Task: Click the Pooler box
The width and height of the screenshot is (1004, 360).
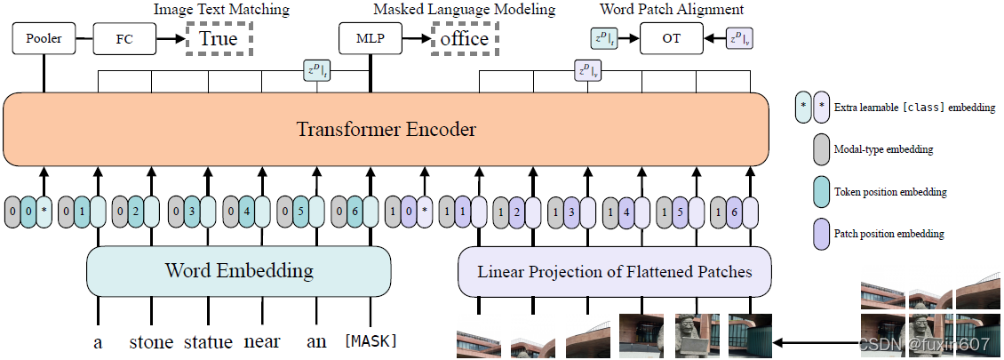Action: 42,38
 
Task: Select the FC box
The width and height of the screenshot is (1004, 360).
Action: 124,38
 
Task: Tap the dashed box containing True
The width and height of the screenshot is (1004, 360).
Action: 219,38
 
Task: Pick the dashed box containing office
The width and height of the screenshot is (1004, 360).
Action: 464,38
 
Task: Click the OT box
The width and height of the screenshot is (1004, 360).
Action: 671,38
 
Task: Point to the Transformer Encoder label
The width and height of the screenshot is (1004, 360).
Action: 386,130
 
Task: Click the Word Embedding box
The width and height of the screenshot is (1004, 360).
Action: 238,271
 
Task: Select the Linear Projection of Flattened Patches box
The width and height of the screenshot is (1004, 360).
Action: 614,271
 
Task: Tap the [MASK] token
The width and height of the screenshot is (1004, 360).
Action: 371,341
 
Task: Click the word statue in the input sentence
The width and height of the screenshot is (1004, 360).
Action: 208,341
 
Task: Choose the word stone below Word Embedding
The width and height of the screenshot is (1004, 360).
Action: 152,341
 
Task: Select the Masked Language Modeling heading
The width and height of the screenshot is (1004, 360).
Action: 464,10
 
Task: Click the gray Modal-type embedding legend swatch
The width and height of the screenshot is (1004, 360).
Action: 819,149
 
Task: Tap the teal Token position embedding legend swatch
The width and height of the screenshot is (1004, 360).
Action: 819,191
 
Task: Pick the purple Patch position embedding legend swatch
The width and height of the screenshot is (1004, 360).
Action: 819,234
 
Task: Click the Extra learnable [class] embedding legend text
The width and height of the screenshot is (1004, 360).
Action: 914,108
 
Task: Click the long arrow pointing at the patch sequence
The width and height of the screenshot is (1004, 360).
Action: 817,340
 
